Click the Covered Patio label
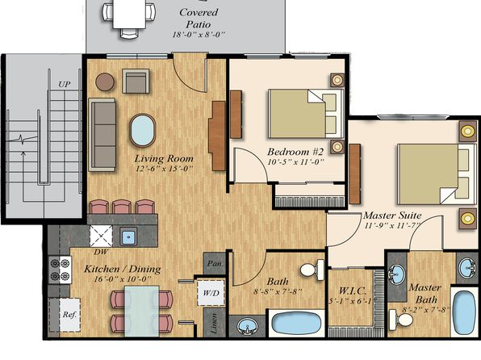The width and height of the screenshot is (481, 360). pyautogui.click(x=199, y=18)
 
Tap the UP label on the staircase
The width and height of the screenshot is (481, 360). pyautogui.click(x=65, y=84)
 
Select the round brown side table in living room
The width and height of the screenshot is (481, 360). pyautogui.click(x=105, y=82)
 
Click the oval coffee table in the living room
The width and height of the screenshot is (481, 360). pyautogui.click(x=142, y=131)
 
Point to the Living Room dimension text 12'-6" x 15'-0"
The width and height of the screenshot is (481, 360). pyautogui.click(x=164, y=169)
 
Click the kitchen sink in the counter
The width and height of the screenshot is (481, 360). pyautogui.click(x=128, y=237)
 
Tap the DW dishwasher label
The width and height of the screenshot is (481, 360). pyautogui.click(x=101, y=253)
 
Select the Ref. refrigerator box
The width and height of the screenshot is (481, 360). pyautogui.click(x=65, y=315)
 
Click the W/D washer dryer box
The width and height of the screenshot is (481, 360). pyautogui.click(x=211, y=292)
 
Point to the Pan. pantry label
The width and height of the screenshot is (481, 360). pyautogui.click(x=215, y=264)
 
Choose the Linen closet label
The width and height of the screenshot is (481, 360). pyautogui.click(x=215, y=323)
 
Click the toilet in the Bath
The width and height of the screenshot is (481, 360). pyautogui.click(x=312, y=270)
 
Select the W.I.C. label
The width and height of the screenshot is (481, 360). pyautogui.click(x=353, y=291)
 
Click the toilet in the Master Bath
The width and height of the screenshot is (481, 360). pyautogui.click(x=400, y=320)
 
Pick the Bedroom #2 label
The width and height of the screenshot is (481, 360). pyautogui.click(x=295, y=152)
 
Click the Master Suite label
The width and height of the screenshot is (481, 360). pyautogui.click(x=392, y=216)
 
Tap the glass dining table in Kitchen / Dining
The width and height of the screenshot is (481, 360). pyautogui.click(x=142, y=311)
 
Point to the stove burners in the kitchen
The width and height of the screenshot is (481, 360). pyautogui.click(x=60, y=270)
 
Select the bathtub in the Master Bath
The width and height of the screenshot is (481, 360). pyautogui.click(x=464, y=312)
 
